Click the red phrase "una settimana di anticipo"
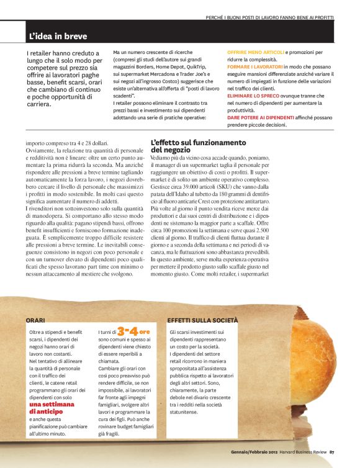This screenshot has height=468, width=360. [x=54, y=407]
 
